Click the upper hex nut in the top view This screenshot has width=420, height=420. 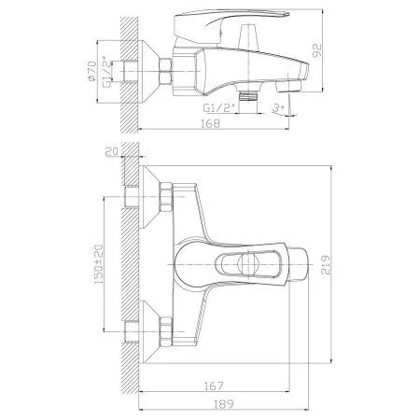coord(166,199)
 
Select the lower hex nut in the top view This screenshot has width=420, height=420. coord(166,329)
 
